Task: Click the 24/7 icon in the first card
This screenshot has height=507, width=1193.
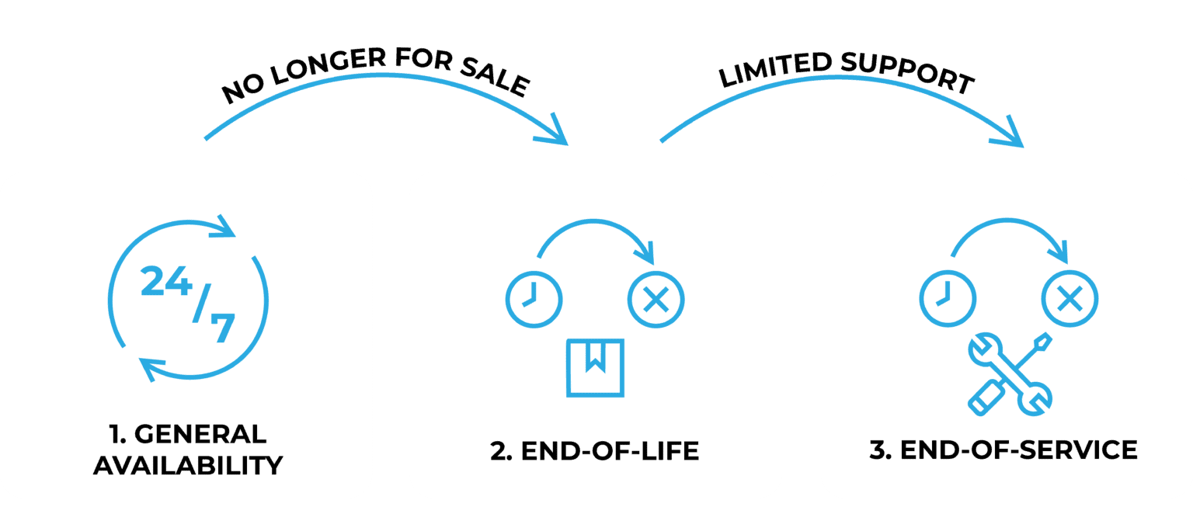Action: (187, 300)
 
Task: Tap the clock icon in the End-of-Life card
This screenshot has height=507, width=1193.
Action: (534, 299)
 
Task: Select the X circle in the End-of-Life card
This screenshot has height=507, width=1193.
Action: (656, 299)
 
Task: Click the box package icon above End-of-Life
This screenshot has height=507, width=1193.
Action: (595, 367)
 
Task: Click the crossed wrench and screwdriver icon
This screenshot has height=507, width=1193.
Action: (1010, 373)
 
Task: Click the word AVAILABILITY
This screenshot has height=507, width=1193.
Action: (187, 465)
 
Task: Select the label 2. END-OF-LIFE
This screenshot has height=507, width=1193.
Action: (595, 451)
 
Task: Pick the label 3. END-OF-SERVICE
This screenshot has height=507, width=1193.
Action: (1003, 450)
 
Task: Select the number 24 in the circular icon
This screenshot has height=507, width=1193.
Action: (165, 283)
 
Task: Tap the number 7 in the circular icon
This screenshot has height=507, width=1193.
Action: (221, 328)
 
